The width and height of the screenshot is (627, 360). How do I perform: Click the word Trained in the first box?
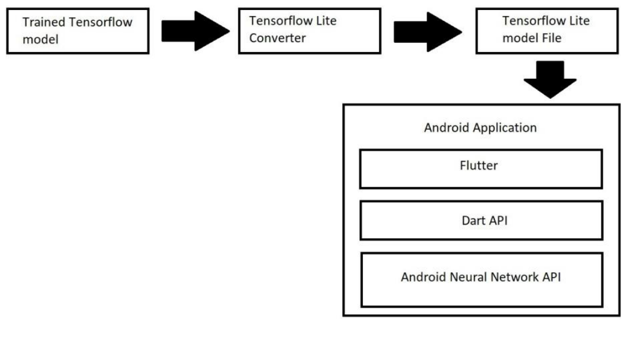coord(41,22)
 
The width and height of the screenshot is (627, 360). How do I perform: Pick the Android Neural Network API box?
coord(480,279)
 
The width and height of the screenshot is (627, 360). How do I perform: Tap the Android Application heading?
coord(480,127)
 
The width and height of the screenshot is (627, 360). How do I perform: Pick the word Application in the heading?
coord(509,128)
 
